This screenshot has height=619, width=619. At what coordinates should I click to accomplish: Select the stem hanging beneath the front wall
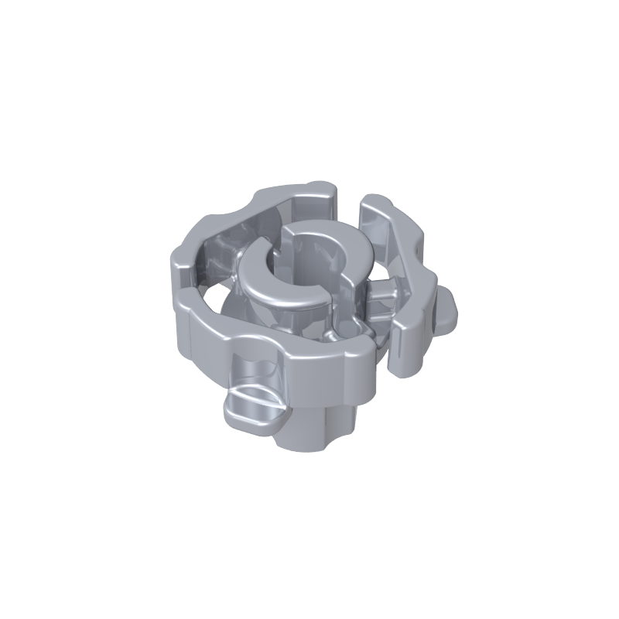click(x=309, y=433)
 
